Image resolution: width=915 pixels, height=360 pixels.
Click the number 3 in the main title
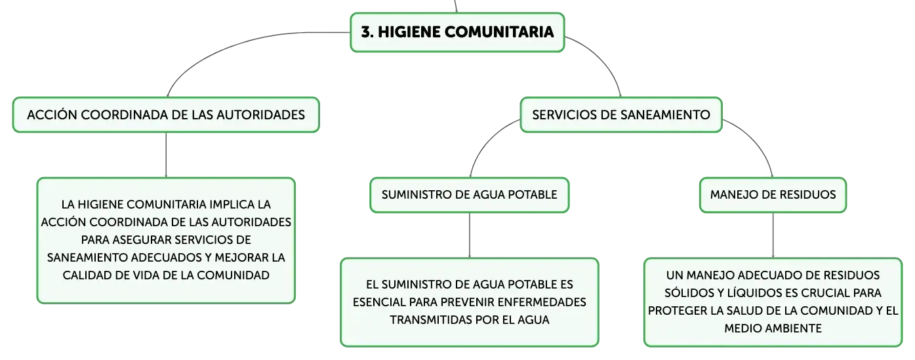[366, 32]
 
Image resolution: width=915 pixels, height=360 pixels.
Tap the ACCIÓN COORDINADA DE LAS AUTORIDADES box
[166, 115]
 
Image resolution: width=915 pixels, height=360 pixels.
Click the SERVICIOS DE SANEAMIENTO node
[621, 115]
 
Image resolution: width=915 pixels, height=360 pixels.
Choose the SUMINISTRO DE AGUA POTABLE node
[470, 195]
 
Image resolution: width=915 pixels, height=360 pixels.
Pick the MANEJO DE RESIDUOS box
[773, 195]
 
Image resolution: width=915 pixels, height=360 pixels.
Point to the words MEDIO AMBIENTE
[773, 329]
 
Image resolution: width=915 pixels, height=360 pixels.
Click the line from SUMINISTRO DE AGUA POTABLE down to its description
[470, 235]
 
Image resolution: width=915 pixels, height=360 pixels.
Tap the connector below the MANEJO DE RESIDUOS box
[773, 235]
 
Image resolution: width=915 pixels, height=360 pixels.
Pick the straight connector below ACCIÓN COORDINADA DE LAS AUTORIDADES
[166, 155]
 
